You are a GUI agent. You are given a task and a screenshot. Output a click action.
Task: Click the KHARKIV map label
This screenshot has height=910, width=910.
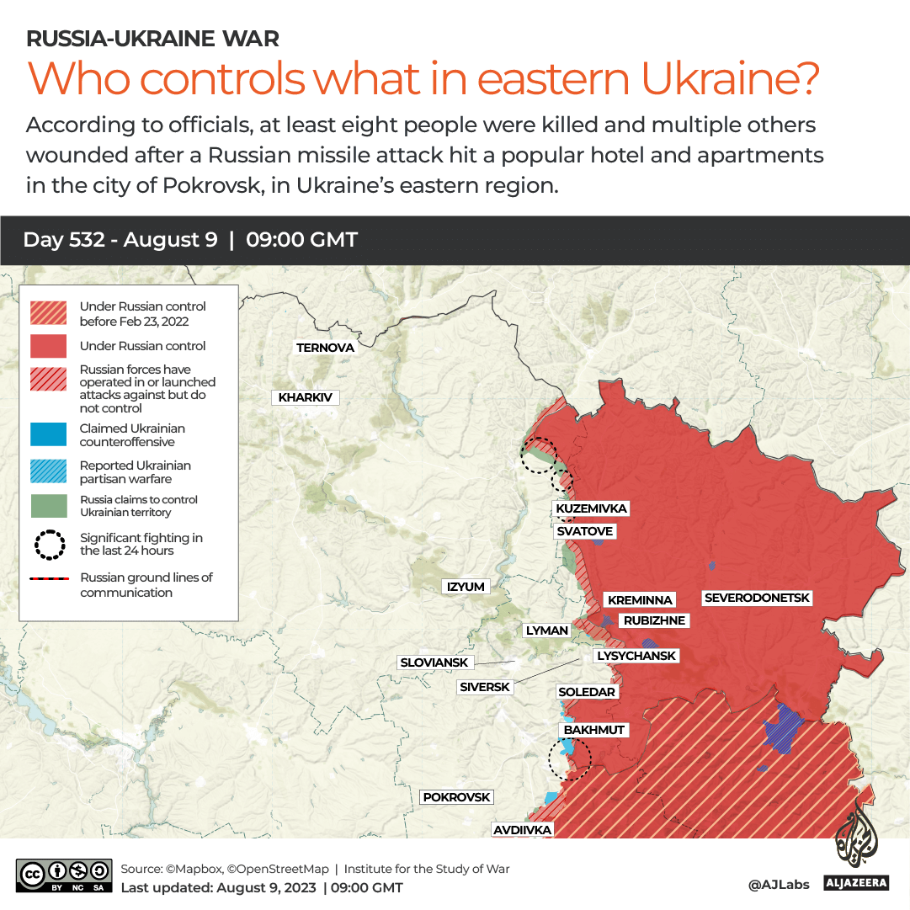[305, 397]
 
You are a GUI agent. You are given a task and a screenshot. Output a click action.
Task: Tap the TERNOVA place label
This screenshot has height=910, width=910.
[325, 348]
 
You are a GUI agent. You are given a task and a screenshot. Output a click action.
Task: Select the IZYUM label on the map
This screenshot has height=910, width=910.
[466, 587]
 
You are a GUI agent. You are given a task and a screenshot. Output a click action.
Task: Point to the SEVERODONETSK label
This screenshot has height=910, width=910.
[757, 598]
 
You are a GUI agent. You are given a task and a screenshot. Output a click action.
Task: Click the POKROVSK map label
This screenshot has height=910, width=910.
[456, 797]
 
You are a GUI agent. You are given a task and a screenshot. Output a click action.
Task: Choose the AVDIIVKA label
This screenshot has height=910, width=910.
[523, 830]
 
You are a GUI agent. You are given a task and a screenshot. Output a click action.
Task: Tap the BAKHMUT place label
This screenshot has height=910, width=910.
[594, 730]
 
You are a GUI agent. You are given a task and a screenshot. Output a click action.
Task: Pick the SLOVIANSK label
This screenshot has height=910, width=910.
[434, 663]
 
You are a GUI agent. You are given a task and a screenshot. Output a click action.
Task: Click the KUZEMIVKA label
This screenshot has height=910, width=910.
[591, 508]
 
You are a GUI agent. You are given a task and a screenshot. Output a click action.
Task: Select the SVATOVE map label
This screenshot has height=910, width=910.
[584, 531]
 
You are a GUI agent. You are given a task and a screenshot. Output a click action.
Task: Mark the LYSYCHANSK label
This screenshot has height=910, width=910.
[636, 655]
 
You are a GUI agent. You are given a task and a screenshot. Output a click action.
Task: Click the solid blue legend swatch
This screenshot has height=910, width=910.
[48, 435]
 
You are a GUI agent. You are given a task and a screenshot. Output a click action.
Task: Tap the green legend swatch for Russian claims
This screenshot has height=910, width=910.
[48, 506]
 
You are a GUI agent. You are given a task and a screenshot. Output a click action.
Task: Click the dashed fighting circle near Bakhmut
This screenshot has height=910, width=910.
[569, 758]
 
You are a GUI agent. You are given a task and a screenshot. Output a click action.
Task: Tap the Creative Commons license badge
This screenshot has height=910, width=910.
[64, 875]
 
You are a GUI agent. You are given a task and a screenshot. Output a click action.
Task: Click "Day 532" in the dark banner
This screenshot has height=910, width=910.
[64, 240]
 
